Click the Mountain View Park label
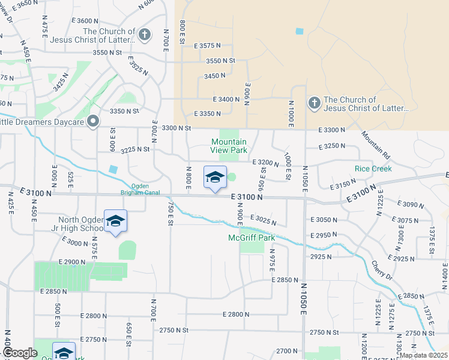[229, 146]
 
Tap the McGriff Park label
[251, 238]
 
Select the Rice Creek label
[373, 169]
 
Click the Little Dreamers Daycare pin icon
[93, 122]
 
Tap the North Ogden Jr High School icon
[115, 221]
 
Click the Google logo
[19, 353]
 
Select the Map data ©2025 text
[423, 355]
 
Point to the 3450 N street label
[214, 76]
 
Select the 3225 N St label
[135, 149]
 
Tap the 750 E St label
[170, 214]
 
